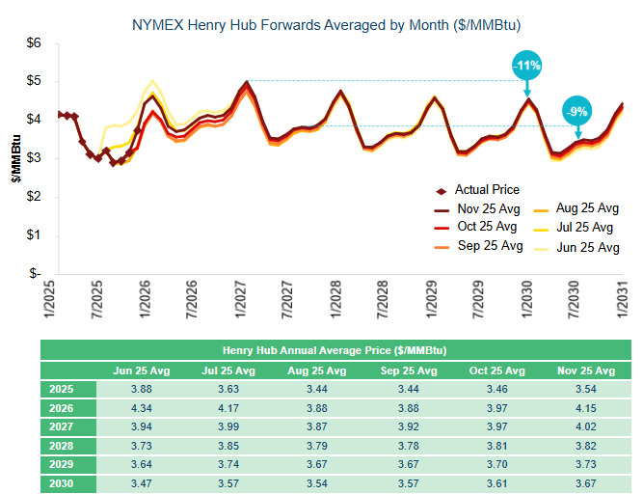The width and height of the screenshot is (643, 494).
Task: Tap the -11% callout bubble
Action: [x=527, y=66]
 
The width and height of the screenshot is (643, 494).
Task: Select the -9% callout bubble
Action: [x=576, y=111]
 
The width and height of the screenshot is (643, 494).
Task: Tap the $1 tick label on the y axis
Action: [x=35, y=234]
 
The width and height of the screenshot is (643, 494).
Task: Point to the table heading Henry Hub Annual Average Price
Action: [x=340, y=350]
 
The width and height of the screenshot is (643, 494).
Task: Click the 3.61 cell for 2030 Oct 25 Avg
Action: [x=500, y=484]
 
